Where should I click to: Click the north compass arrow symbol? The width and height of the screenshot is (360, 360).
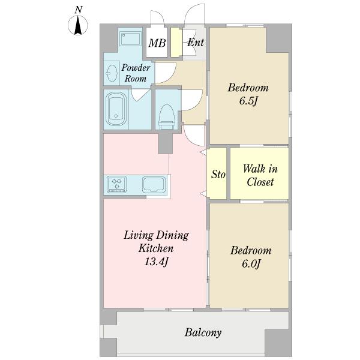pos(78,25)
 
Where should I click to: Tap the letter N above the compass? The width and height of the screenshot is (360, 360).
pos(79,10)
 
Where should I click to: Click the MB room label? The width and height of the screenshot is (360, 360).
pos(157,43)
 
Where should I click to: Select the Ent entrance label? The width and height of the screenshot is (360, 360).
pos(196,42)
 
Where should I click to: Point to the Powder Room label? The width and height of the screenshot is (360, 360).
pos(136,73)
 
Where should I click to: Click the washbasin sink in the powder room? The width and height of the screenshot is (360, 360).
pos(112,73)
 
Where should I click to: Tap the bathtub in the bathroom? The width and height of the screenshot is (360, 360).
pos(116,109)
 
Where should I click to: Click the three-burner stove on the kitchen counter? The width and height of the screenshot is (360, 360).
pos(116,184)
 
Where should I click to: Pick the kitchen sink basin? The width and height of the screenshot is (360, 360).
pos(154,185)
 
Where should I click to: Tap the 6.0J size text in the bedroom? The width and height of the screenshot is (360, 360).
pos(251,264)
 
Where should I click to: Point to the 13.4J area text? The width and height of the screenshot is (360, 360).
pos(157,262)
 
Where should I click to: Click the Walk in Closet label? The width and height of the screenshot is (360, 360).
pos(260,175)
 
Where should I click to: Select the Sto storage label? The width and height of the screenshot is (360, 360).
pos(218,174)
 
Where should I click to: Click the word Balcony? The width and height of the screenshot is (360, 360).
pos(203,332)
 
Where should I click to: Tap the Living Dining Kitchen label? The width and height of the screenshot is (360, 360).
pos(156,242)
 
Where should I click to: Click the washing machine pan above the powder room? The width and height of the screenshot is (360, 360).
pos(131,39)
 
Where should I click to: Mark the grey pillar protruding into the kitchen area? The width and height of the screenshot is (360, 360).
pos(165,143)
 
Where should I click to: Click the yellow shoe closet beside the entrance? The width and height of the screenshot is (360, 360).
pos(176,43)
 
